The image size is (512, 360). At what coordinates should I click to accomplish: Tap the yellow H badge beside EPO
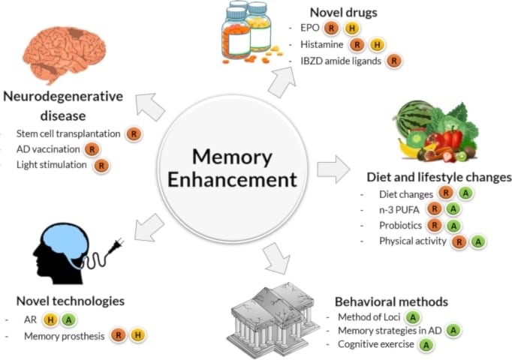(x=351, y=28)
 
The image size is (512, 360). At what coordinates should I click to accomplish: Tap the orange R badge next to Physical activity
(x=459, y=241)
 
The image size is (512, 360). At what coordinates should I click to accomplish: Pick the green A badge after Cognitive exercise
(x=426, y=345)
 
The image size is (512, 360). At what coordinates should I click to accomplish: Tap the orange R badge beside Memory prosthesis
(x=119, y=335)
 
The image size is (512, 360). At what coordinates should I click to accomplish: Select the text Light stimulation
(x=52, y=164)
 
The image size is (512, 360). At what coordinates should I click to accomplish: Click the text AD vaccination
(x=47, y=149)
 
